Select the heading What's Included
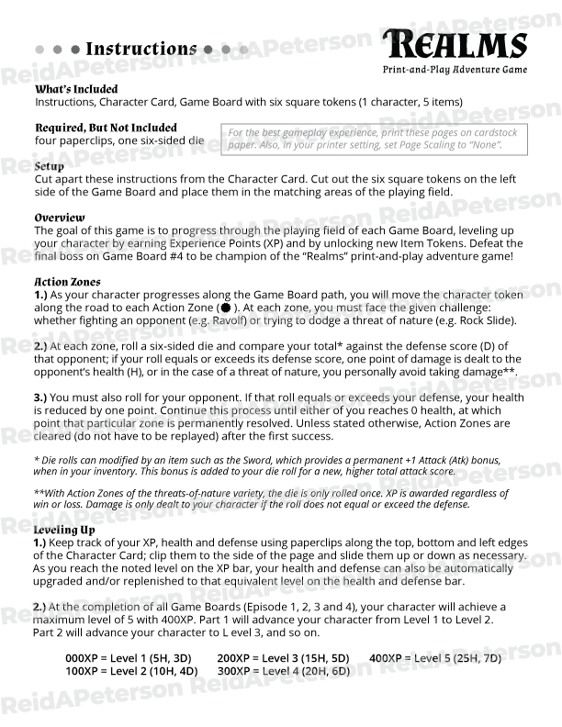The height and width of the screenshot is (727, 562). click(76, 89)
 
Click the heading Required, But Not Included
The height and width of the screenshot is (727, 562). click(106, 128)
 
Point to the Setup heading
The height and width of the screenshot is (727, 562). click(49, 166)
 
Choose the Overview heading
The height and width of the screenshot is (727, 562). click(60, 218)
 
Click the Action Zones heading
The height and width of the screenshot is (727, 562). click(67, 282)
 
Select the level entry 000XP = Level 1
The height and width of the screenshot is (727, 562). click(129, 658)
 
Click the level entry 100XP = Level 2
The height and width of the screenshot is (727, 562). click(130, 671)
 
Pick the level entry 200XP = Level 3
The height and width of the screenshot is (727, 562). click(283, 658)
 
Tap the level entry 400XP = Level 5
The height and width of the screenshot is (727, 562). click(435, 658)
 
